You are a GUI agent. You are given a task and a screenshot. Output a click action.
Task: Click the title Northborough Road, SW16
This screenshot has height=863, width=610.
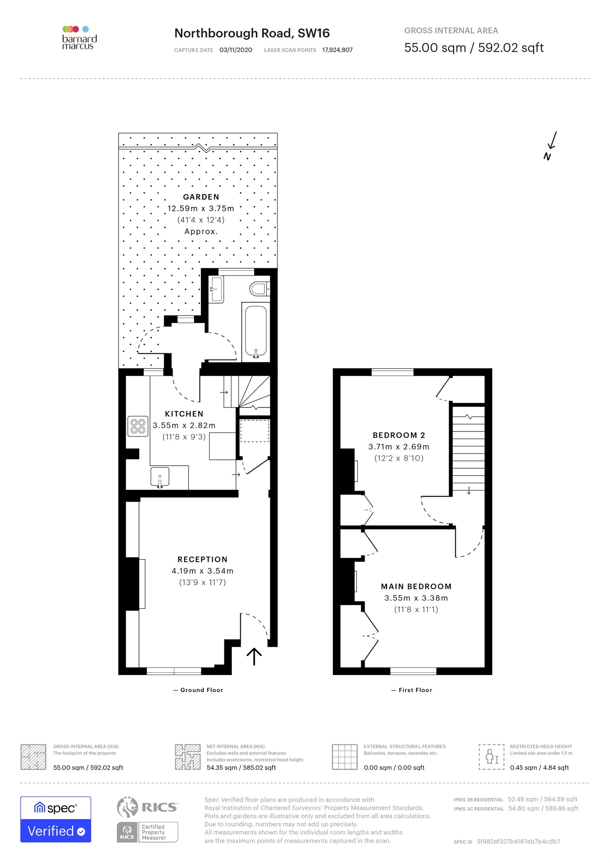[252, 33]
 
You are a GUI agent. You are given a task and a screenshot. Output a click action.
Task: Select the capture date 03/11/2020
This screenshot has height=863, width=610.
[236, 50]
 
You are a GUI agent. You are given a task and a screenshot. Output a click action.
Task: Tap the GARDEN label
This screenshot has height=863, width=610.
[201, 197]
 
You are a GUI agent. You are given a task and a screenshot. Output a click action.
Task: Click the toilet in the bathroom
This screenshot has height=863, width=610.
[259, 289]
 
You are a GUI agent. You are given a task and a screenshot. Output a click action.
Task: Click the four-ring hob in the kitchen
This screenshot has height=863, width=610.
[138, 427]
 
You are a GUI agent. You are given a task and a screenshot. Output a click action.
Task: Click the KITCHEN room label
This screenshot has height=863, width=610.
[184, 414]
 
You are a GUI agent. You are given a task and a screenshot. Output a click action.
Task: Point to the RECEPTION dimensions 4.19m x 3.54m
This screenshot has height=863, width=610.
[202, 571]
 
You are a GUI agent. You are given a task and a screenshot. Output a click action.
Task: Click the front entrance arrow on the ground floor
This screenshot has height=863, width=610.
[254, 656]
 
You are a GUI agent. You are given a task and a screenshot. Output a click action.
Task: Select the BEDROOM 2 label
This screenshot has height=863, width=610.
[399, 435]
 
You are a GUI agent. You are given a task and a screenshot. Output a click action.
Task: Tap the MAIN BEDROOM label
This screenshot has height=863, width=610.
[416, 587]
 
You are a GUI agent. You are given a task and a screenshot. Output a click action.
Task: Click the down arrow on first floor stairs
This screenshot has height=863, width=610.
[469, 490]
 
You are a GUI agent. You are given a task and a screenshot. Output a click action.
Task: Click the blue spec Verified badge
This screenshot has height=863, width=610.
[56, 819]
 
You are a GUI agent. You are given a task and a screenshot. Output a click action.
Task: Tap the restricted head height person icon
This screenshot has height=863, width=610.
[492, 756]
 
